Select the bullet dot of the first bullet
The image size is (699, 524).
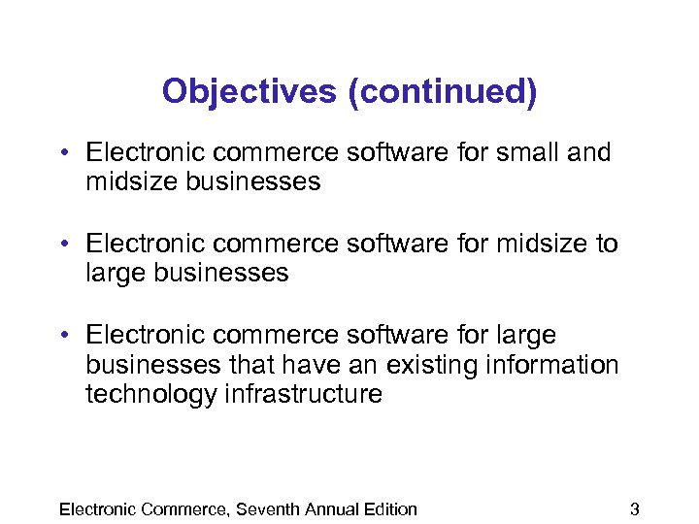61,153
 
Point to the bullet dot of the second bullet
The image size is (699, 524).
61,245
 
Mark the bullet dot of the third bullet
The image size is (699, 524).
61,336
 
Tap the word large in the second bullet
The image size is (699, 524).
112,274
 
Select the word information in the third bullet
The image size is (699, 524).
562,365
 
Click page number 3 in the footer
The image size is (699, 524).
635,509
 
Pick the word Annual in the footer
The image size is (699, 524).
331,509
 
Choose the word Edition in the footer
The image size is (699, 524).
390,509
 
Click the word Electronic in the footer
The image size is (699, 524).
98,509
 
